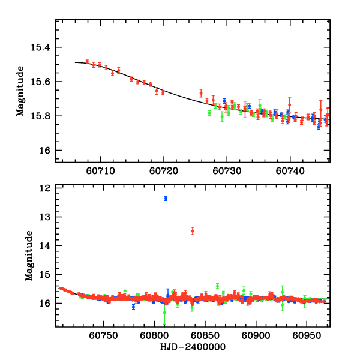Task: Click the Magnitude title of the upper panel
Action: [20, 91]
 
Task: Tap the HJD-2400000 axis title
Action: [193, 347]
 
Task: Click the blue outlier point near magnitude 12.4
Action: [166, 198]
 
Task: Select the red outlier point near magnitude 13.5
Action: [193, 231]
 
